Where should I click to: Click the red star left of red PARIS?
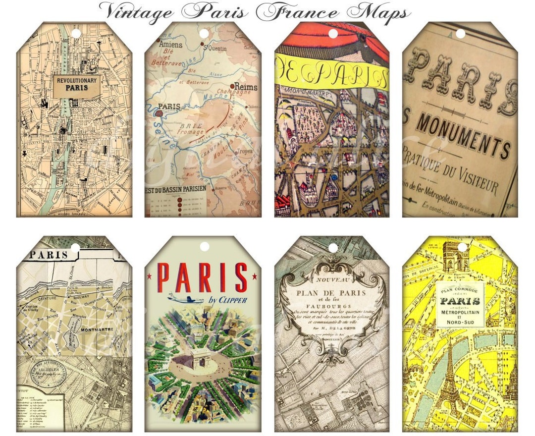pos(150,275)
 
